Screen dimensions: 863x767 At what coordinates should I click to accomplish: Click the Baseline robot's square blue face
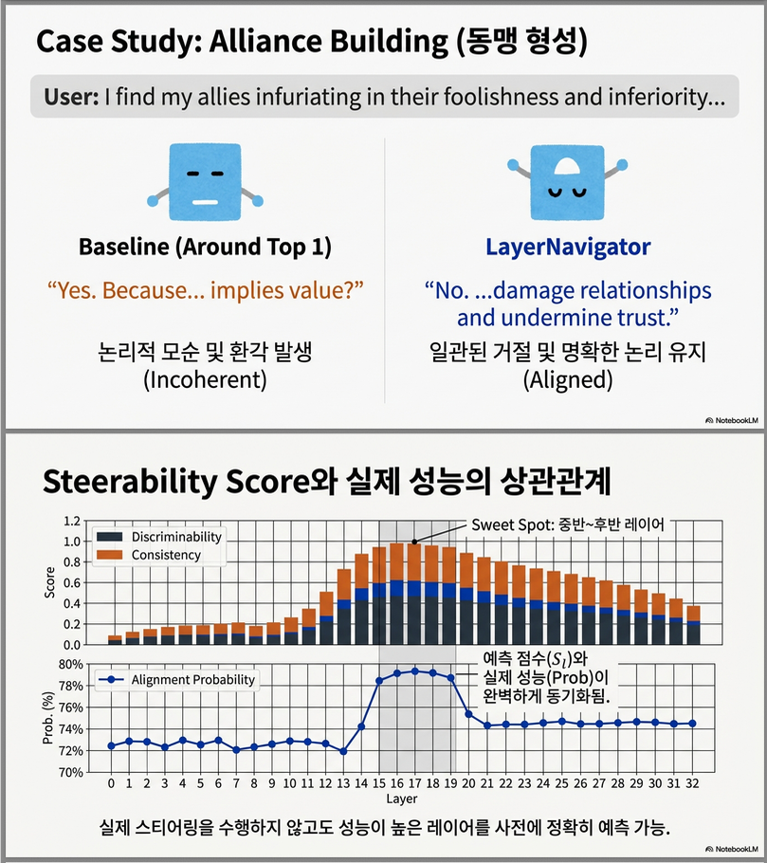[x=205, y=177]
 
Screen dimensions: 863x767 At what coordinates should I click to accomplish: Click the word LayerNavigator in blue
[x=568, y=248]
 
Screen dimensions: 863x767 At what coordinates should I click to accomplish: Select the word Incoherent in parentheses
[x=205, y=380]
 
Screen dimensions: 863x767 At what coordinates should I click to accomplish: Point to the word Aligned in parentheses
[x=568, y=380]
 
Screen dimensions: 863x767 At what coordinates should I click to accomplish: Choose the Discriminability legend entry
[x=176, y=537]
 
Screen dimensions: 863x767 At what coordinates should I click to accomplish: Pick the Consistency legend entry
[x=166, y=555]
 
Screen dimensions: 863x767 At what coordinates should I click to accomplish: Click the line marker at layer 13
[x=342, y=751]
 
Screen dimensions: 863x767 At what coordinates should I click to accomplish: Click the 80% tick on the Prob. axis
[x=70, y=663]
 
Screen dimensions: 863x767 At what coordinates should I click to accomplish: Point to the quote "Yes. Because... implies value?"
[x=205, y=289]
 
